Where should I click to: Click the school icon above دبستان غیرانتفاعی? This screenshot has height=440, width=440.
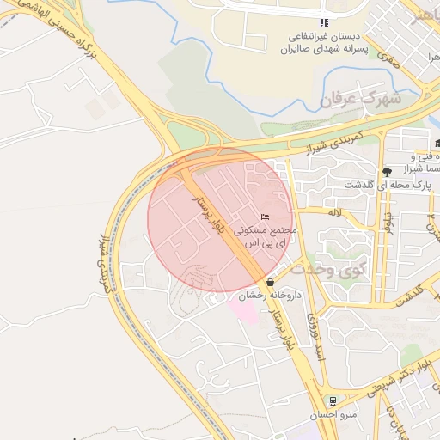point(324,23)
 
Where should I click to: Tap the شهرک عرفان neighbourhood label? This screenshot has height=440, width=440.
point(360,99)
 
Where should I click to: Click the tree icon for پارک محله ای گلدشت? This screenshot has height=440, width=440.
point(387,171)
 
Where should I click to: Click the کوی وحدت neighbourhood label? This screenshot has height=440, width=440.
point(327,268)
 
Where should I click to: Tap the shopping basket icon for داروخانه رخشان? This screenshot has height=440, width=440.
point(271,282)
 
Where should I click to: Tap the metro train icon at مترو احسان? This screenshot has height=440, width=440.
point(332,401)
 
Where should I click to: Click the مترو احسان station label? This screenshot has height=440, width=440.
point(332,416)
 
